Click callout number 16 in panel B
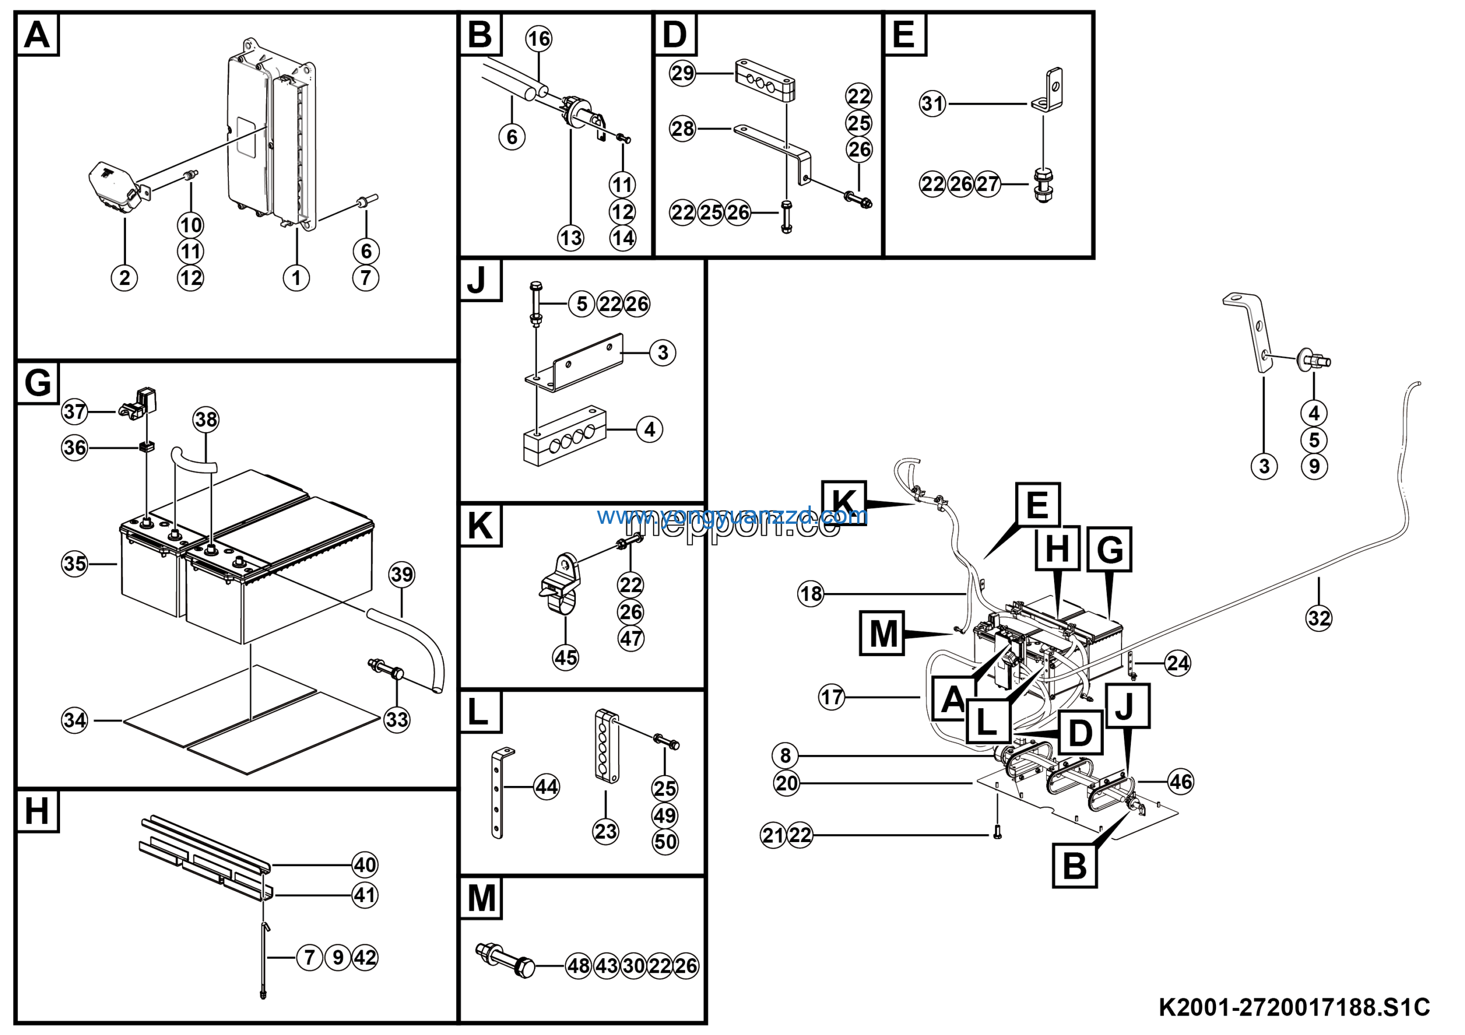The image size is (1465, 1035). click(539, 38)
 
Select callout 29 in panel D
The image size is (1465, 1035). click(682, 73)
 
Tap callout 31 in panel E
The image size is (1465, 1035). click(932, 104)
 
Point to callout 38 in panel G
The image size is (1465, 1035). click(206, 419)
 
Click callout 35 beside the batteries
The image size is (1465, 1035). click(74, 563)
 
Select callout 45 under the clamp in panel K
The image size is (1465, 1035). click(565, 657)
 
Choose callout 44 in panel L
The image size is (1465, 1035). click(546, 786)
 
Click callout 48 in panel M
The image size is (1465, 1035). click(579, 966)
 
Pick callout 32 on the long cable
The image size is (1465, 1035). click(1319, 618)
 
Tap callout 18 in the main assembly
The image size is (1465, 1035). click(811, 594)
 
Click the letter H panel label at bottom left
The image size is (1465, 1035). click(37, 811)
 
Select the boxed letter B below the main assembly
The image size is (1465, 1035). click(1075, 866)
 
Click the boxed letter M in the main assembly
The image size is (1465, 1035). click(883, 634)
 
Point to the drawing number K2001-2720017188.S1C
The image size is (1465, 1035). click(1294, 1008)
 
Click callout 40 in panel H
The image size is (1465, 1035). click(365, 864)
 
